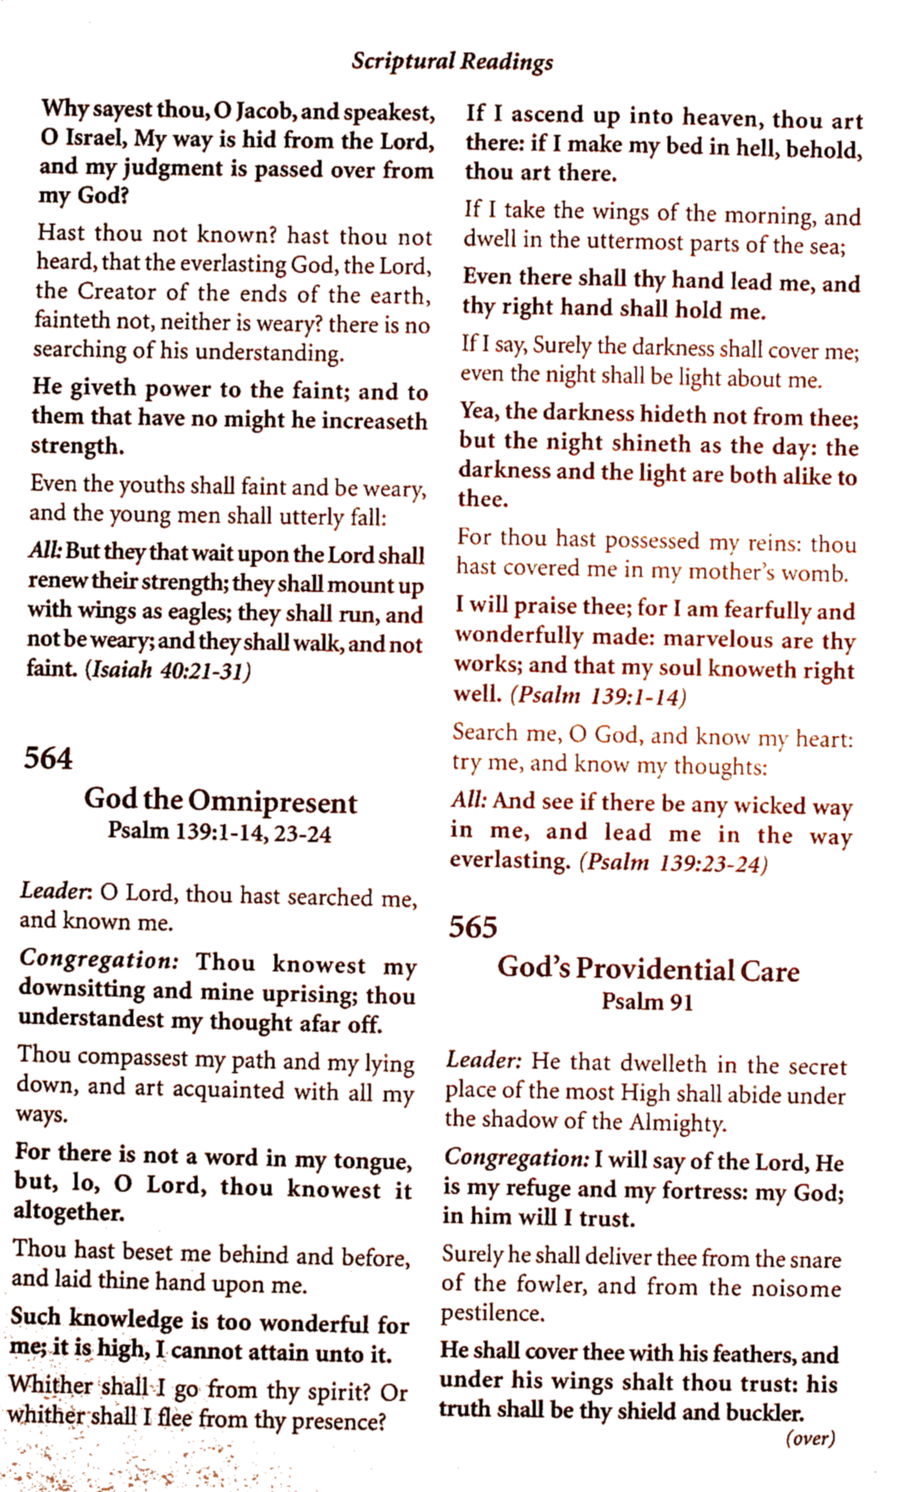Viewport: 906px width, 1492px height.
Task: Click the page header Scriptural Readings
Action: (x=452, y=61)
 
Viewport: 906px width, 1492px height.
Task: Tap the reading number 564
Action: (x=48, y=758)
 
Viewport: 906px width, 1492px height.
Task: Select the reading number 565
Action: (x=472, y=927)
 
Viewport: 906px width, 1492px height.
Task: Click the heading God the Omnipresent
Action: (x=220, y=801)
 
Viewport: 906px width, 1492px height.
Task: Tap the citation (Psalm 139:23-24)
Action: (x=673, y=863)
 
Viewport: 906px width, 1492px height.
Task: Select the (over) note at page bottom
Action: (x=810, y=1438)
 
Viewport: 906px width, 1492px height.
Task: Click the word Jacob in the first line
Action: (x=265, y=112)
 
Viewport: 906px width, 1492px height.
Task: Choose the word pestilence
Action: (x=492, y=1312)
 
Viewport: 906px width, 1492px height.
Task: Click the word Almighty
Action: (x=678, y=1123)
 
